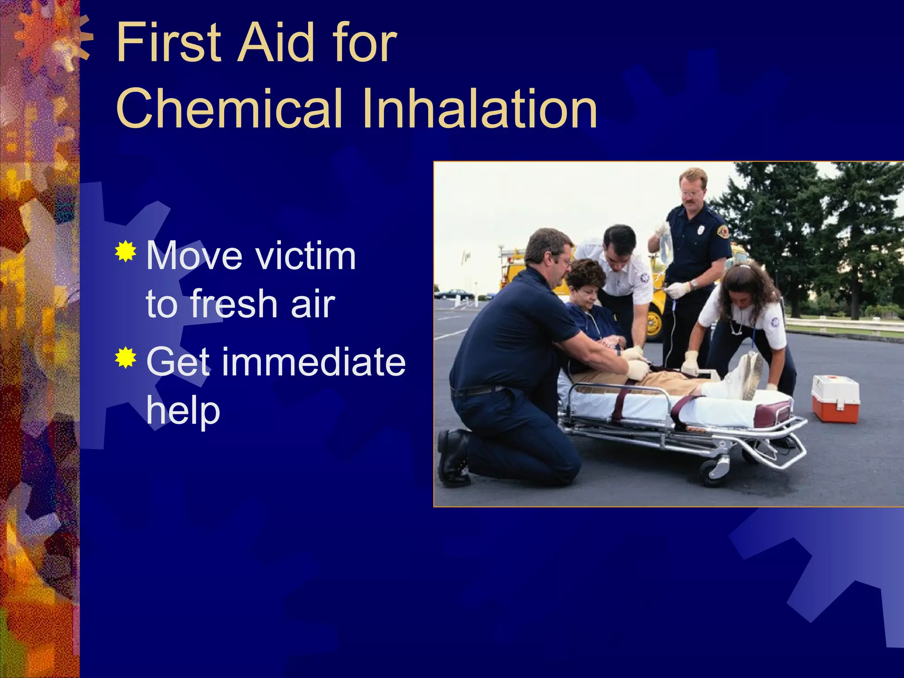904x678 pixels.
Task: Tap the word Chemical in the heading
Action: (x=230, y=109)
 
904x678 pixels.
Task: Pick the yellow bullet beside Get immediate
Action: (x=126, y=358)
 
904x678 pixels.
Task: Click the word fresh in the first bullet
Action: (x=234, y=304)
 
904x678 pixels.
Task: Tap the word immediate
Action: (x=313, y=362)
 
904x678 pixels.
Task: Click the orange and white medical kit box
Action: (x=836, y=399)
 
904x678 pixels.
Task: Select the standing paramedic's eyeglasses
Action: (x=691, y=193)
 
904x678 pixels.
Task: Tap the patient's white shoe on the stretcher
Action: (x=750, y=375)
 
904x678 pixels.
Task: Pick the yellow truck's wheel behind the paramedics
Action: (x=654, y=323)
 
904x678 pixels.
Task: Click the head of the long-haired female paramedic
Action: (x=746, y=287)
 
